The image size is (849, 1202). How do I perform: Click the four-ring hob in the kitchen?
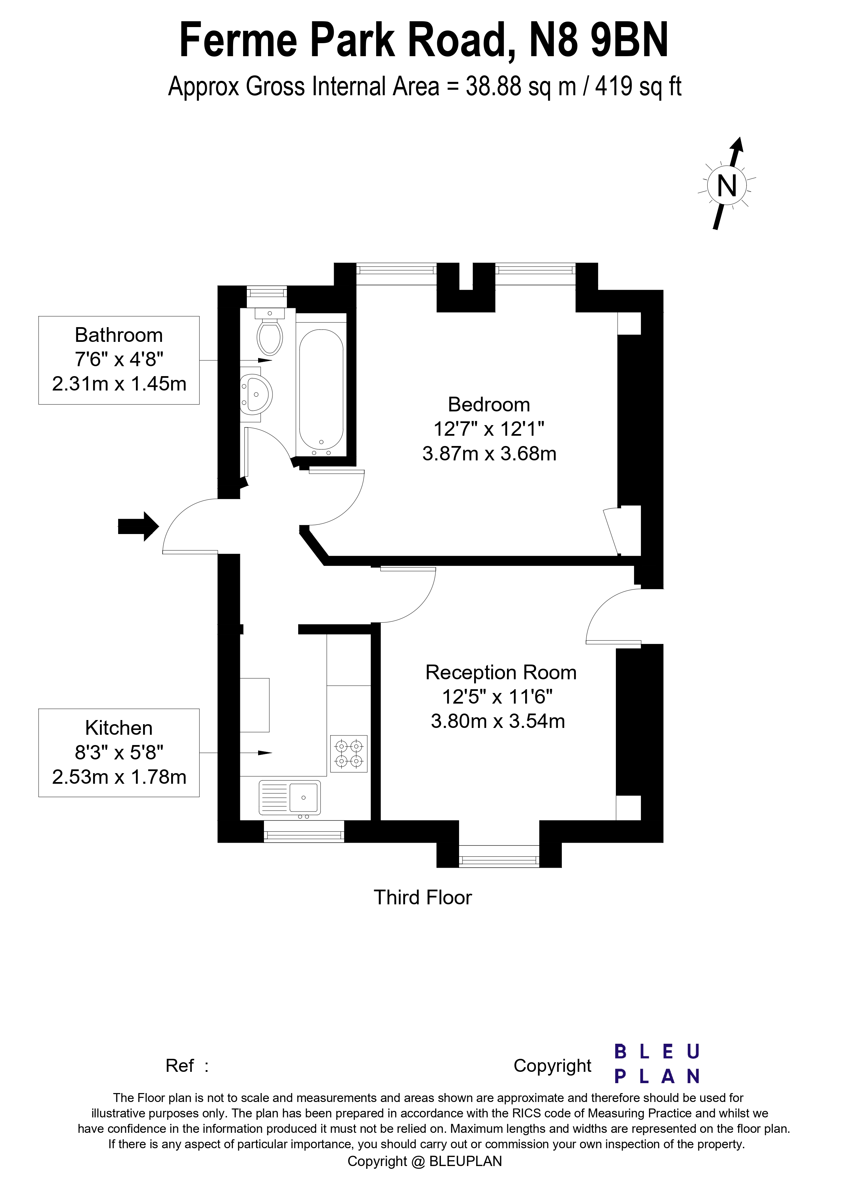coord(349,754)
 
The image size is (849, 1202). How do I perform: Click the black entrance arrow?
coord(138,526)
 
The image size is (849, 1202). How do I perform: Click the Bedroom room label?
coord(489,405)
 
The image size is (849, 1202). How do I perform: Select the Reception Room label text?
coord(500,673)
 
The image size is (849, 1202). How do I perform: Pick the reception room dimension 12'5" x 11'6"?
coord(497,697)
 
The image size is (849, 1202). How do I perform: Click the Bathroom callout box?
coord(119,360)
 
